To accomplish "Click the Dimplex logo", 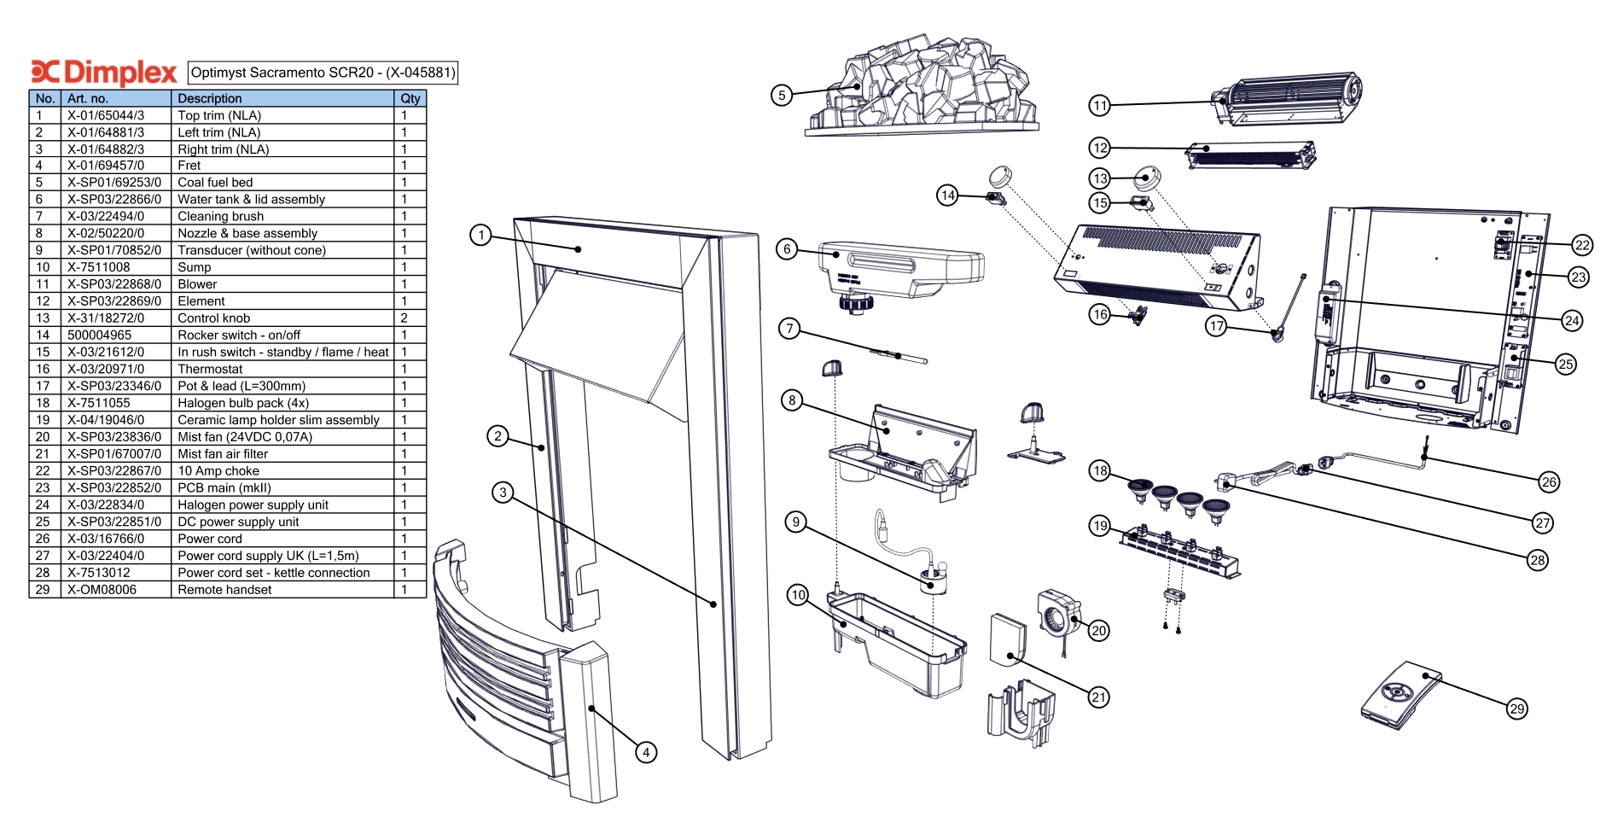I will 103,73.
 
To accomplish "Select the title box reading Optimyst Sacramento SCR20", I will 323,73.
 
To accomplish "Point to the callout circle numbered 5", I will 782,95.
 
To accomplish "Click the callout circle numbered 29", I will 1516,709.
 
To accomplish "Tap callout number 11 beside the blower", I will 1099,106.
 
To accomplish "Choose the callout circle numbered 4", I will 646,752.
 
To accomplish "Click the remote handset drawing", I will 1400,696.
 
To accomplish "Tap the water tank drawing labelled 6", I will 900,269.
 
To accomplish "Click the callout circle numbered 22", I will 1582,246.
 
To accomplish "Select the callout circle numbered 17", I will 1216,326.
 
